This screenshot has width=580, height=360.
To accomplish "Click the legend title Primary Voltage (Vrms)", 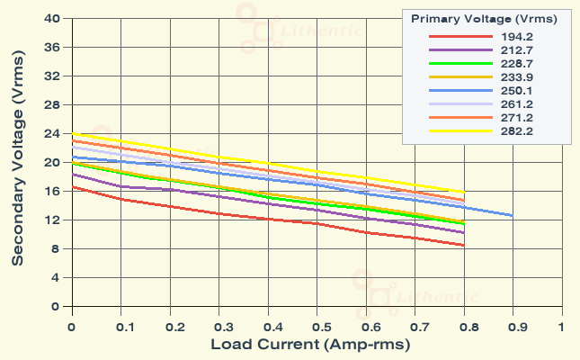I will [x=484, y=18].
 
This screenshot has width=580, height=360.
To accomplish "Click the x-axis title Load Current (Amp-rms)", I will [x=316, y=345].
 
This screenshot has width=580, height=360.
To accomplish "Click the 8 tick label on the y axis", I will [x=56, y=248].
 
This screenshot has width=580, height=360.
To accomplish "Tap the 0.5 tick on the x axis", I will [x=316, y=328].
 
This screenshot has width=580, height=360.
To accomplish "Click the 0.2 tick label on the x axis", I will [x=169, y=328].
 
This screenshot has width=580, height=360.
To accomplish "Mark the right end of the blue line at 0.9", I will [x=513, y=216].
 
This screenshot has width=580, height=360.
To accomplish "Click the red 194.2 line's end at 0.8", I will [x=463, y=245].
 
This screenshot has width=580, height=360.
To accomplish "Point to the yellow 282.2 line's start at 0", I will [x=71, y=133].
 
